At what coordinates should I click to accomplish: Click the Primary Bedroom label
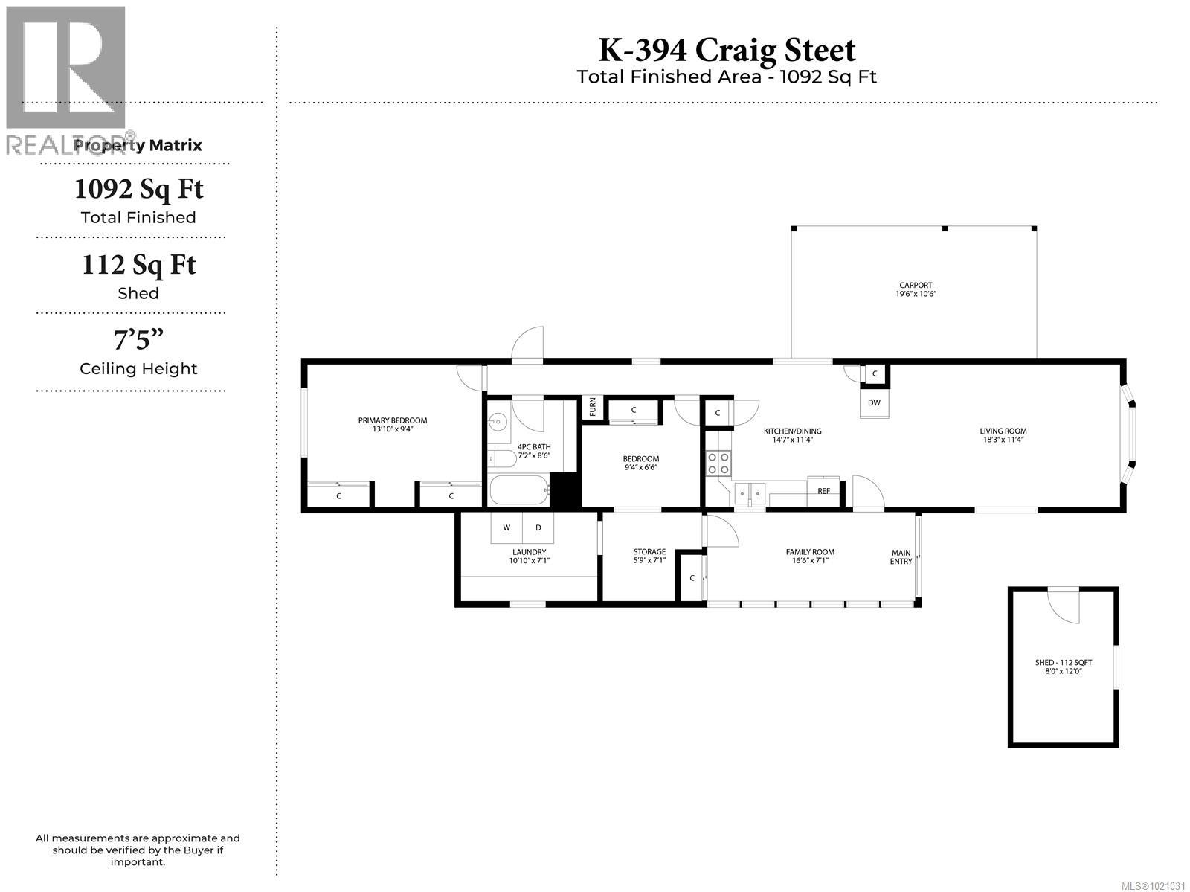coord(392,421)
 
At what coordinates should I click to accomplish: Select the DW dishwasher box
coord(874,403)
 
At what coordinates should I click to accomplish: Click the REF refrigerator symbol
coord(823,491)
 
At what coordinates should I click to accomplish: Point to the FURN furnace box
coord(593,408)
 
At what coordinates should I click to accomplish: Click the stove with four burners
coord(718,463)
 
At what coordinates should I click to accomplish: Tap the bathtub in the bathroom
coord(519,491)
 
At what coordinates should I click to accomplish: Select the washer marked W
coord(506,527)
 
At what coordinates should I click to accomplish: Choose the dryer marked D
coord(538,527)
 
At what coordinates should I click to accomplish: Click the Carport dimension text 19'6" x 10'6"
coord(915,295)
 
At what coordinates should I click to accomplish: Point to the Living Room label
coord(1003,431)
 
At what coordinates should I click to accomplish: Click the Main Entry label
coord(901,556)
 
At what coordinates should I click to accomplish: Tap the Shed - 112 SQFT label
coord(1063,662)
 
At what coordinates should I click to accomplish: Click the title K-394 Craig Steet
coord(727,50)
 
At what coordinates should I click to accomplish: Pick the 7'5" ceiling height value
coord(138,340)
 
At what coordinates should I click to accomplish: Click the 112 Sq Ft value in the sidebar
coord(138,265)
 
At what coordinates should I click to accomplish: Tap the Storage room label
coord(649,552)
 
